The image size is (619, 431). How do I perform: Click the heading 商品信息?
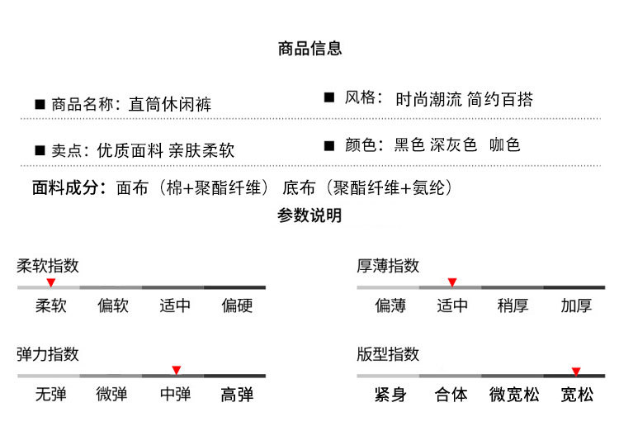309,49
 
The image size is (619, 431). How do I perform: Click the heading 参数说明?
309,216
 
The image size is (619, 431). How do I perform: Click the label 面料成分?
69,187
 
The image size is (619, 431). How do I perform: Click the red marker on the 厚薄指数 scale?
451,282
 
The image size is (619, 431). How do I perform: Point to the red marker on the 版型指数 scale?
576,372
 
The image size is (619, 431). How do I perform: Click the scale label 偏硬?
237,305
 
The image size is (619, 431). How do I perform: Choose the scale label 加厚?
576,305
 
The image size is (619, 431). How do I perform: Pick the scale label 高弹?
237,395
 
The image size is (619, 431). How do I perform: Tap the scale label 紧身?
390,395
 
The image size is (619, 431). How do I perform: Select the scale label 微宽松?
514,395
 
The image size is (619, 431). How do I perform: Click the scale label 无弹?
50,395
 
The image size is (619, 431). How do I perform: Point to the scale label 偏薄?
390,305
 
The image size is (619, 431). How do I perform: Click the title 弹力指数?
48,354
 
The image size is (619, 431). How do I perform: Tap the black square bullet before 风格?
328,99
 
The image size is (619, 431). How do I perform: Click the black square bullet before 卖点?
39,151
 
